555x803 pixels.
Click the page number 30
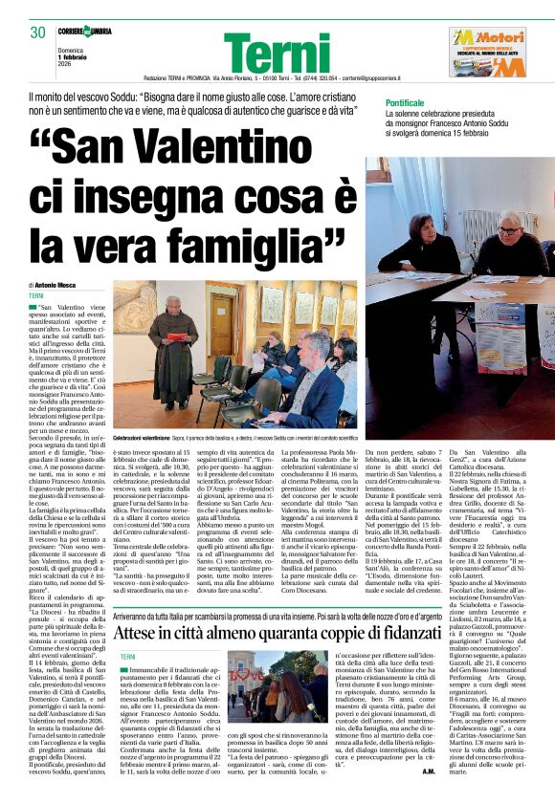pyautogui.click(x=38, y=33)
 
